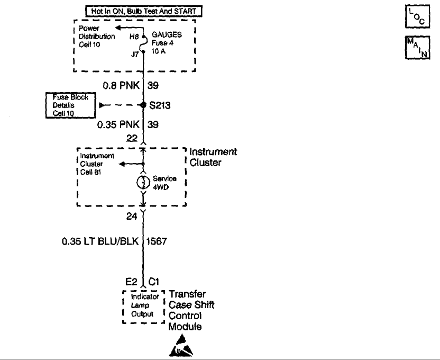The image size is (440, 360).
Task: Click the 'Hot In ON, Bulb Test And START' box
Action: pyautogui.click(x=143, y=11)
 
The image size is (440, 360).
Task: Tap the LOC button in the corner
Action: pyautogui.click(x=417, y=16)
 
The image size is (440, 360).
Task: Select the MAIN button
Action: pyautogui.click(x=417, y=48)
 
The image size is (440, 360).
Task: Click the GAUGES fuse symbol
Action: pyautogui.click(x=143, y=44)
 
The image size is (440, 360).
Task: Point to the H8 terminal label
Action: pyautogui.click(x=134, y=37)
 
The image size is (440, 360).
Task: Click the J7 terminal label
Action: pyautogui.click(x=135, y=54)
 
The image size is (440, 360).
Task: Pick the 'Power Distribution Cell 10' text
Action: pyautogui.click(x=97, y=36)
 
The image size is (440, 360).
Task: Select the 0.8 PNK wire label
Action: pyautogui.click(x=121, y=85)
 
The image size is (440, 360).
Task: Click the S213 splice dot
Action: pyautogui.click(x=143, y=105)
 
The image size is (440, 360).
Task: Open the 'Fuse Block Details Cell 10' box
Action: pyautogui.click(x=71, y=105)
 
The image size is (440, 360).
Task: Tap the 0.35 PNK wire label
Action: pyautogui.click(x=118, y=124)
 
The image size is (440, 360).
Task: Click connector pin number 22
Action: pyautogui.click(x=132, y=138)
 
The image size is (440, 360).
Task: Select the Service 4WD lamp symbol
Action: pyautogui.click(x=143, y=183)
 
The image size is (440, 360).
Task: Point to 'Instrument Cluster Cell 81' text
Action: pyautogui.click(x=97, y=164)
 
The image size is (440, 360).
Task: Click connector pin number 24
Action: pyautogui.click(x=132, y=216)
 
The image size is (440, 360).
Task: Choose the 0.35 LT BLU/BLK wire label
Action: pyautogui.click(x=100, y=241)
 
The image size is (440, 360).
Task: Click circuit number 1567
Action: pyautogui.click(x=157, y=241)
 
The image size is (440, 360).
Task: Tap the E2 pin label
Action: pyautogui.click(x=131, y=281)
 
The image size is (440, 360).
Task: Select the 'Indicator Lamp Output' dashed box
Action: pyautogui.click(x=144, y=307)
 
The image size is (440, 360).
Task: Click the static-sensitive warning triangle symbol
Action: pyautogui.click(x=181, y=345)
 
